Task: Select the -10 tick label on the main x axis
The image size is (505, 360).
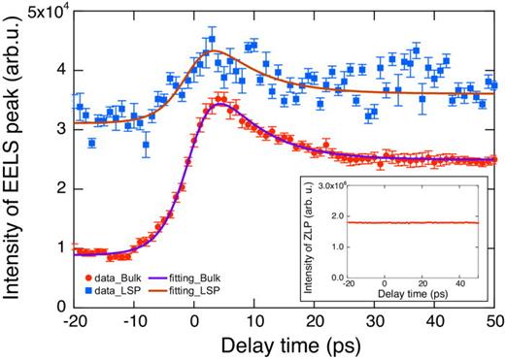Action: [134, 321]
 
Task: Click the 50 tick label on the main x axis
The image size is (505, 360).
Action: [493, 321]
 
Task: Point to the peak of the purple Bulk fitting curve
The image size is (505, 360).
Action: [221, 103]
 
